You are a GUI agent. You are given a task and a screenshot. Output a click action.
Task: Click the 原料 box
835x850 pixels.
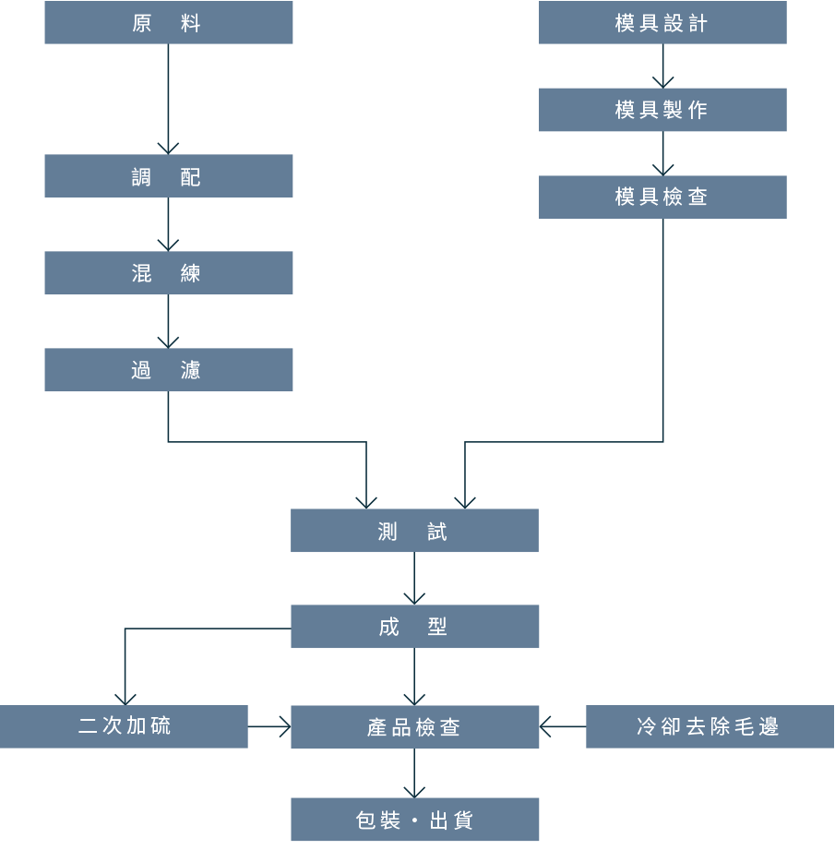pyautogui.click(x=169, y=22)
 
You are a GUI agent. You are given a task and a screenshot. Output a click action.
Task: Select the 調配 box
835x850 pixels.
pyautogui.click(x=169, y=176)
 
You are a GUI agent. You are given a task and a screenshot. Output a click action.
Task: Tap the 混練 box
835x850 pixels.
pyautogui.click(x=169, y=272)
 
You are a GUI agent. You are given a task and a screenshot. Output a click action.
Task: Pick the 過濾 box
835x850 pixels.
pyautogui.click(x=169, y=370)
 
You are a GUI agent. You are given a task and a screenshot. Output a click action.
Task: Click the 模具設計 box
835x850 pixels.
pyautogui.click(x=662, y=22)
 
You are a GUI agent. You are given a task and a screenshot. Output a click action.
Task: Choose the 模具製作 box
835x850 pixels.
pyautogui.click(x=662, y=110)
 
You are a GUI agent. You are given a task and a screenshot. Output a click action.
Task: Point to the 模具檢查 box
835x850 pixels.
pyautogui.click(x=662, y=198)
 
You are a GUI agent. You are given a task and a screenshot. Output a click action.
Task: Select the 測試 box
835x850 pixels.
pyautogui.click(x=414, y=530)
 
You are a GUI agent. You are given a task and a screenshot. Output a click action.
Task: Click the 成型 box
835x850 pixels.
pyautogui.click(x=414, y=626)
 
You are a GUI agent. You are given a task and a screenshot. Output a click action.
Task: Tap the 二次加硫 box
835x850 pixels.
pyautogui.click(x=124, y=726)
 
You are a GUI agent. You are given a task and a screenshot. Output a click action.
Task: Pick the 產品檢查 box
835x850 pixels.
pyautogui.click(x=414, y=727)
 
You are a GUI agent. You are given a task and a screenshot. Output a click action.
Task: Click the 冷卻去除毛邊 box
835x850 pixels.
pyautogui.click(x=710, y=726)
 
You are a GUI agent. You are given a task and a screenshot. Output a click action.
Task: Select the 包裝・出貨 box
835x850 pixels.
pyautogui.click(x=414, y=820)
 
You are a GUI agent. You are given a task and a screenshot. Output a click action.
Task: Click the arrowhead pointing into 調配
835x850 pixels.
pyautogui.click(x=168, y=150)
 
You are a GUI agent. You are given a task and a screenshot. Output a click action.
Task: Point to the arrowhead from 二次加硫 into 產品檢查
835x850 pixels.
pyautogui.click(x=285, y=726)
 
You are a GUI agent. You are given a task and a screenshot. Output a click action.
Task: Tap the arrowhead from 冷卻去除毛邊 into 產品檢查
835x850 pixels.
pyautogui.click(x=544, y=726)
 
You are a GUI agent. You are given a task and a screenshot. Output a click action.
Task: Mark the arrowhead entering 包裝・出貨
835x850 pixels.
pyautogui.click(x=414, y=793)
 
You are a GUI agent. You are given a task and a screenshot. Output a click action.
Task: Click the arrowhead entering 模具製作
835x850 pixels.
pyautogui.click(x=662, y=83)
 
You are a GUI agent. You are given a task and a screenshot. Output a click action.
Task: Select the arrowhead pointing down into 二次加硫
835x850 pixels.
pyautogui.click(x=125, y=700)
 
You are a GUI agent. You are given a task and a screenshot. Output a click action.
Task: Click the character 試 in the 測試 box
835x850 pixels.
pyautogui.click(x=436, y=532)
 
